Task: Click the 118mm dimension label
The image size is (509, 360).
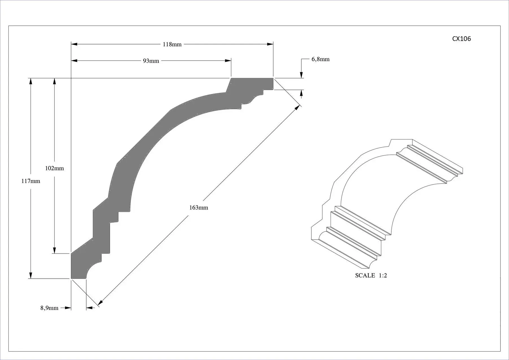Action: pyautogui.click(x=172, y=44)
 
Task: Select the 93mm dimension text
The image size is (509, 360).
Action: pyautogui.click(x=151, y=61)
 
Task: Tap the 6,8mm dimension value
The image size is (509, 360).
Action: pyautogui.click(x=320, y=59)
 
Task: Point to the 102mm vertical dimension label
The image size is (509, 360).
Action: pyautogui.click(x=55, y=168)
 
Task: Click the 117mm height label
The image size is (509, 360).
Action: pyautogui.click(x=31, y=181)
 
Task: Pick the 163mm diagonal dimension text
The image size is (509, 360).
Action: pyautogui.click(x=199, y=208)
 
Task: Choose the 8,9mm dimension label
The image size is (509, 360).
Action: pyautogui.click(x=49, y=308)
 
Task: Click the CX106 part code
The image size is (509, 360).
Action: pyautogui.click(x=461, y=39)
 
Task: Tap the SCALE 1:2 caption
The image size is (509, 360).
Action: pyautogui.click(x=371, y=275)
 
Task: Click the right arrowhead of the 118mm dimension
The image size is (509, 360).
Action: pyautogui.click(x=270, y=44)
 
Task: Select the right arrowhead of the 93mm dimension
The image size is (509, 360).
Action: pyautogui.click(x=228, y=61)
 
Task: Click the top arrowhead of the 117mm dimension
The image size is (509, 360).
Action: pyautogui.click(x=31, y=81)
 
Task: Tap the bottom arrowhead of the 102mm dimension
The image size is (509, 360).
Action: pyautogui.click(x=55, y=250)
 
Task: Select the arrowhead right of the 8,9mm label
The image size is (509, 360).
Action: pyautogui.click(x=68, y=308)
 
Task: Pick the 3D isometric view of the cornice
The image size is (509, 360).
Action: pyautogui.click(x=387, y=204)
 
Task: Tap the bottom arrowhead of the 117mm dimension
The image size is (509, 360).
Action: pyautogui.click(x=31, y=275)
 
